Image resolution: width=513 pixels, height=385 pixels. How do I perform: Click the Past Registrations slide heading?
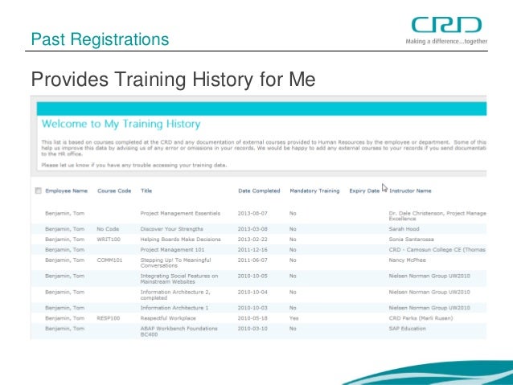coord(100,39)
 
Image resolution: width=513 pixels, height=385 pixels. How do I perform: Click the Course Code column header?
coord(113,191)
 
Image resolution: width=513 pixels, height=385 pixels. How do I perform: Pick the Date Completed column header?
coord(259,191)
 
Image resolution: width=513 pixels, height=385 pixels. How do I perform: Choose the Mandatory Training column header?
coord(314,191)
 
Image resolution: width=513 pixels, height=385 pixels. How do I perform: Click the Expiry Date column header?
coord(363,191)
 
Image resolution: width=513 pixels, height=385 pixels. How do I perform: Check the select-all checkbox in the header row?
coord(38,191)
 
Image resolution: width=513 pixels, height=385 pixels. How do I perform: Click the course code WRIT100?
coord(109,239)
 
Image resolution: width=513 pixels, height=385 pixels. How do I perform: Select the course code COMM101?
coord(110,260)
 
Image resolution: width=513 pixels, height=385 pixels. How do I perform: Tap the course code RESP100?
coord(109,317)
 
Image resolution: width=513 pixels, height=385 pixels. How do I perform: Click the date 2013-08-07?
coord(253,213)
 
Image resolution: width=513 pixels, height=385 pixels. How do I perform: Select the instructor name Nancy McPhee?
coord(409,260)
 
